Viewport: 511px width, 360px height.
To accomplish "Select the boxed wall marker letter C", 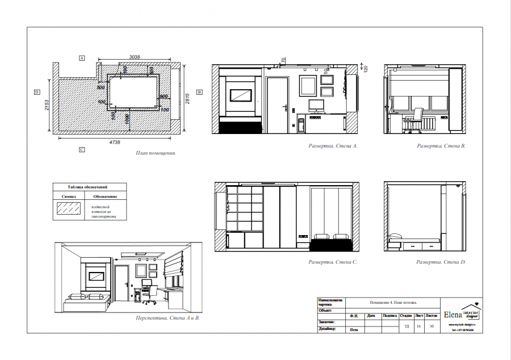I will [x=82, y=150].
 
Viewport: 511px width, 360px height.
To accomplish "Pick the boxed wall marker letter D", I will [x=36, y=91].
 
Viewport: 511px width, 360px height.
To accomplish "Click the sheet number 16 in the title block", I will [x=419, y=326].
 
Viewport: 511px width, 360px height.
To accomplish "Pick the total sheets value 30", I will [x=432, y=326].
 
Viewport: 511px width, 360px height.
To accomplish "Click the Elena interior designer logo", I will [x=462, y=314].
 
